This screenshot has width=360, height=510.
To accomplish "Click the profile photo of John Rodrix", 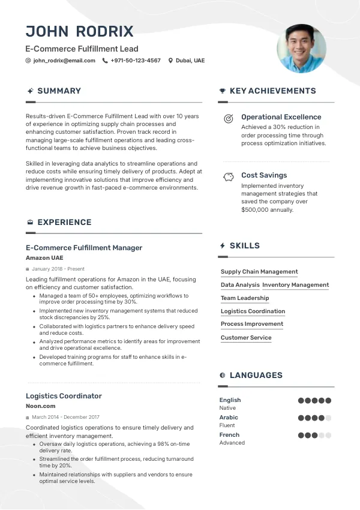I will [301, 49].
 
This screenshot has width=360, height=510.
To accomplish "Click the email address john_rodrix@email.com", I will [64, 61].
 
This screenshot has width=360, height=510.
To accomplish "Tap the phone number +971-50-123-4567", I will [136, 61].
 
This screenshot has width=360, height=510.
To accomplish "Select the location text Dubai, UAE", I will [190, 61].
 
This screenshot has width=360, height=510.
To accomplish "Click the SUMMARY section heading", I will [59, 91].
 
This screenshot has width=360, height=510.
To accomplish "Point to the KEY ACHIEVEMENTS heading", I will [272, 91].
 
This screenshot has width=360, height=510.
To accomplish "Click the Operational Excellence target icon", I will [228, 119].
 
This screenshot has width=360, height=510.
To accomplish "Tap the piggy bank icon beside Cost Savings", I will [228, 177].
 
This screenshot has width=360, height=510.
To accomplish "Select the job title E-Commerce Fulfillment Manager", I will [84, 248].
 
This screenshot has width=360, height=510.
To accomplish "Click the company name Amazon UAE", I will [44, 258].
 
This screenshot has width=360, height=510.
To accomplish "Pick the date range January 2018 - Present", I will [58, 269].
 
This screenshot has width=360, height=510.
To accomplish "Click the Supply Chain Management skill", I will [259, 272].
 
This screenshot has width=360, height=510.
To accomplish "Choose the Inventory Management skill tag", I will [295, 285].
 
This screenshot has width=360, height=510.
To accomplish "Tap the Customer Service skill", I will [246, 338].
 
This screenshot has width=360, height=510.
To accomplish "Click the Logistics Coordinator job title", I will [64, 396].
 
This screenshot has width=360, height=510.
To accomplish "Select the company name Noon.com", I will [41, 406].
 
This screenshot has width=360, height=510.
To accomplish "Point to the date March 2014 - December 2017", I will [65, 417].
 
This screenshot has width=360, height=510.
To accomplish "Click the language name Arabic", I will [229, 418].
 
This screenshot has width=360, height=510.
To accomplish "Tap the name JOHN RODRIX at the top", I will [80, 31].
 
